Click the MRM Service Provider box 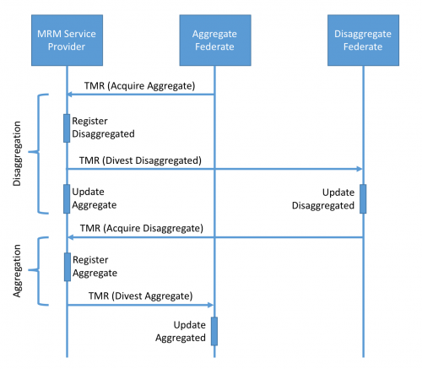pos(67,41)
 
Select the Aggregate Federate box pos(215,41)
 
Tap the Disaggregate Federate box pos(363,41)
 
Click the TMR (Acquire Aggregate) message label pos(139,86)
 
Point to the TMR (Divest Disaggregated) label pos(140,160)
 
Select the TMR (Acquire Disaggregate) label pos(142,228)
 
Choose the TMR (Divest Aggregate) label pos(140,296)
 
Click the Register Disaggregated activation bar pos(67,128)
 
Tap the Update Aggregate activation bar pos(67,198)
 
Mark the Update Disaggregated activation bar pos(363,198)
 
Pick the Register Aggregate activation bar pos(68,267)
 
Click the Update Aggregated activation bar pos(214,331)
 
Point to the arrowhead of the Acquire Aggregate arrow pos(70,95)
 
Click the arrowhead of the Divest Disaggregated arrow pos(360,169)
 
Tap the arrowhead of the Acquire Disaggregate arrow pos(70,237)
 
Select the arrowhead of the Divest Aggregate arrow pos(210,305)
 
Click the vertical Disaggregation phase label pos(17,154)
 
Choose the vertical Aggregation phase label pos(17,271)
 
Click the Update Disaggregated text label pos(323,199)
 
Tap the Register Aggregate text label pos(95,266)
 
